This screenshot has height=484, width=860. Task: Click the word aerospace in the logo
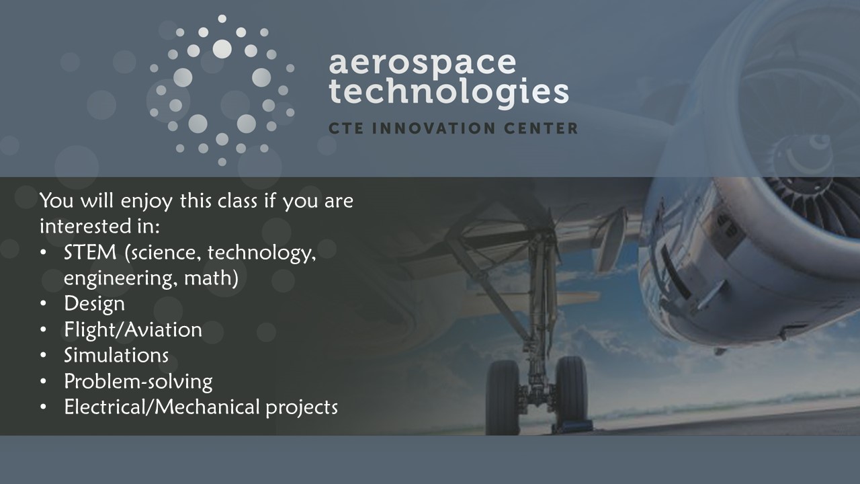pyautogui.click(x=423, y=64)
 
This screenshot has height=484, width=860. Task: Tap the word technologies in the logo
pyautogui.click(x=448, y=93)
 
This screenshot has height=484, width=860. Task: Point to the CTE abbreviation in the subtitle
pyautogui.click(x=346, y=128)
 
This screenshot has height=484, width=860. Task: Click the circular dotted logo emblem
pyautogui.click(x=222, y=91)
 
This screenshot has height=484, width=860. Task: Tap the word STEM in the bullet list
pyautogui.click(x=90, y=253)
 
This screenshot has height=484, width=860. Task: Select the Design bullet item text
pyautogui.click(x=95, y=303)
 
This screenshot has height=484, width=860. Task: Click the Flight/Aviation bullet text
pyautogui.click(x=133, y=329)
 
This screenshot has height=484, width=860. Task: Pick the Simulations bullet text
pyautogui.click(x=116, y=356)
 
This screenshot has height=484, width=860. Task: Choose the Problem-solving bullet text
pyautogui.click(x=138, y=382)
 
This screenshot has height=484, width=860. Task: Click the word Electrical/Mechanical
pyautogui.click(x=162, y=407)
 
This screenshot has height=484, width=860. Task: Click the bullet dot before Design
pyautogui.click(x=43, y=304)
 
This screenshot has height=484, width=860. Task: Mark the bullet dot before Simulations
pyautogui.click(x=43, y=356)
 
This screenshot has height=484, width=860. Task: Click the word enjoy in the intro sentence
pyautogui.click(x=146, y=201)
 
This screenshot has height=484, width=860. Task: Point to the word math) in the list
pyautogui.click(x=211, y=278)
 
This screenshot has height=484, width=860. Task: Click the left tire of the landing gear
pyautogui.click(x=503, y=397)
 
